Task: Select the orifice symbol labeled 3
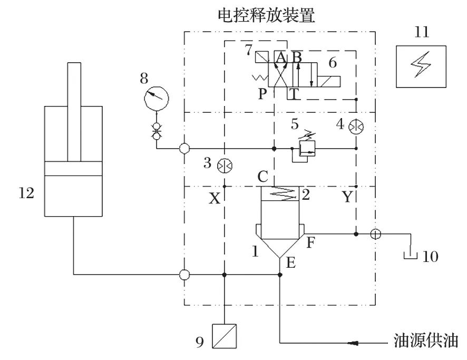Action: [x=223, y=165]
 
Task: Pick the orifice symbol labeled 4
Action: [x=356, y=127]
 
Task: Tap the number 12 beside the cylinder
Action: [x=26, y=193]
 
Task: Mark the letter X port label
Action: [x=214, y=199]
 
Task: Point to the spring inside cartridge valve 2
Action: [x=280, y=193]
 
